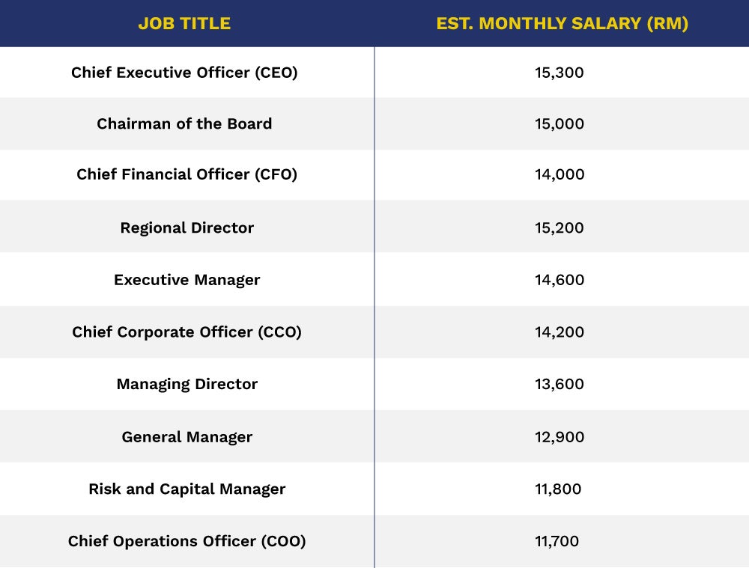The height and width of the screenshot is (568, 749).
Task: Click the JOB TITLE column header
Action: click(x=184, y=23)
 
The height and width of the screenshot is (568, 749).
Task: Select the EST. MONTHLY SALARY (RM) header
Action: click(x=562, y=23)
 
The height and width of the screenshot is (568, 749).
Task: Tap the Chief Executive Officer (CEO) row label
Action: click(x=184, y=73)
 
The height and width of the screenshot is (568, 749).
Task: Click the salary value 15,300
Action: click(x=560, y=73)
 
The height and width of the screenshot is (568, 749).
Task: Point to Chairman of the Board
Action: click(x=184, y=123)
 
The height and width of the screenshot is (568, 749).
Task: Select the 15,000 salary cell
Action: click(x=560, y=123)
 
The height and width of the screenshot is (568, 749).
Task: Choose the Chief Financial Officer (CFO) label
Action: click(x=187, y=174)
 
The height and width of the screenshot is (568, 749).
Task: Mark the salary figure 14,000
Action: click(x=560, y=174)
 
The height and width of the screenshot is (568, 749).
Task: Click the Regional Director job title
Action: click(x=187, y=227)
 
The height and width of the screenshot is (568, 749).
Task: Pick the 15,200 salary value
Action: click(x=560, y=227)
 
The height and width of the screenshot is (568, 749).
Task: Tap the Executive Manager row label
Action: click(x=187, y=280)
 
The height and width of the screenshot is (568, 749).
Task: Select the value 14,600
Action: click(x=560, y=280)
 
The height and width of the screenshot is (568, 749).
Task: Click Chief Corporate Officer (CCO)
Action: click(x=187, y=332)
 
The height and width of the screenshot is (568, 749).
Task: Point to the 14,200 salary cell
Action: click(x=560, y=332)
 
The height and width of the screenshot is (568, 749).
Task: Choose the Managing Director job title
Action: click(x=187, y=384)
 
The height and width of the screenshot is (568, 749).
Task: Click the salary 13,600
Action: click(x=560, y=384)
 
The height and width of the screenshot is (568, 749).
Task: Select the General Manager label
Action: click(x=187, y=437)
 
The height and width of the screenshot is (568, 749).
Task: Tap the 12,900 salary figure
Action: click(x=560, y=437)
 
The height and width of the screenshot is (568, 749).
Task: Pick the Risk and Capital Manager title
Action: click(x=187, y=489)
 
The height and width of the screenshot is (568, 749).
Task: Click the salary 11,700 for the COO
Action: click(x=557, y=541)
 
